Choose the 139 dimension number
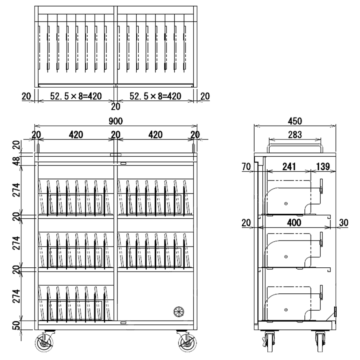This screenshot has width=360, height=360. (324, 167)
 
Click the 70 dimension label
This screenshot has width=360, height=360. (246, 167)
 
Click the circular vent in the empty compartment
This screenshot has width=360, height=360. (179, 311)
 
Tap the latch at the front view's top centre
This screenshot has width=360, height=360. (115, 155)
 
